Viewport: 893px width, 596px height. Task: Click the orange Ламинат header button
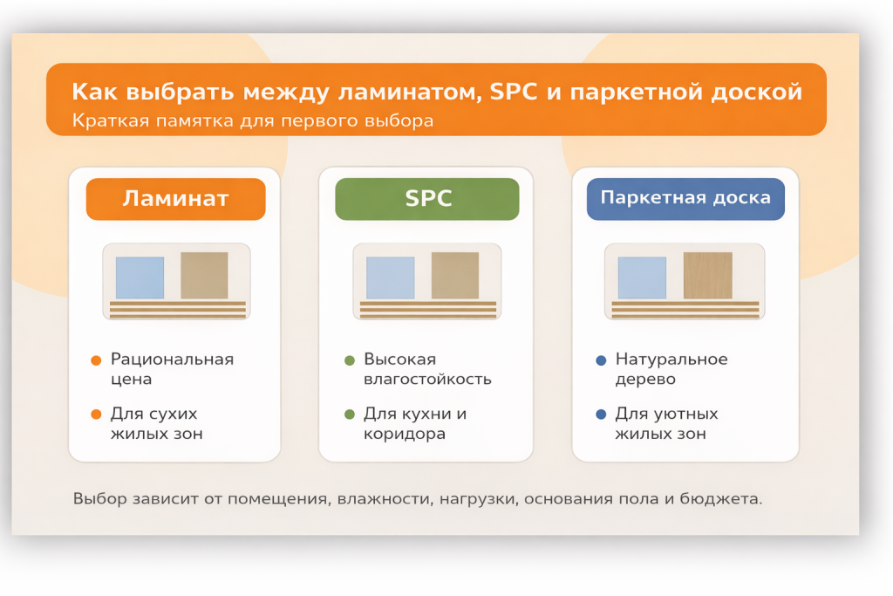coord(175,199)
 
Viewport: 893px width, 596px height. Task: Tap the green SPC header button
coord(427,199)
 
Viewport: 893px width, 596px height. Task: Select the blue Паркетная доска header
coord(685,198)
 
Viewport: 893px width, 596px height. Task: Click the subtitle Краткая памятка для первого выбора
coord(253,120)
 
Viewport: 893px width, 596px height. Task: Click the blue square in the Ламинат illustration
coord(140,277)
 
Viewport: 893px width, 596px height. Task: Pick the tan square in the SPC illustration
coord(455,276)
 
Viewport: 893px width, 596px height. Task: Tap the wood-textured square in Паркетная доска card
coord(707,276)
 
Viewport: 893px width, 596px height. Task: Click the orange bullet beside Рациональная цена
coord(96,360)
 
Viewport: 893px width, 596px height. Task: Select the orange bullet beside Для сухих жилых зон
coord(96,414)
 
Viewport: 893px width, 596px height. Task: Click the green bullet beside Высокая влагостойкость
coord(349,360)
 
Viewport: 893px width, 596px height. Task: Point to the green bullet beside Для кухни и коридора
coord(349,414)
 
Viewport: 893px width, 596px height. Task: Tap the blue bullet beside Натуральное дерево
coord(600,360)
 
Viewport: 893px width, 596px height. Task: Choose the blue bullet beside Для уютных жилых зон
coord(600,414)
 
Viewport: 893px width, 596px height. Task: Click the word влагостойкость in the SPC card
coord(427,380)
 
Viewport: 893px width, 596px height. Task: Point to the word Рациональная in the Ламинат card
coord(172,360)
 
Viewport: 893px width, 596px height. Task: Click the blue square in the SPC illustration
coord(390,277)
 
